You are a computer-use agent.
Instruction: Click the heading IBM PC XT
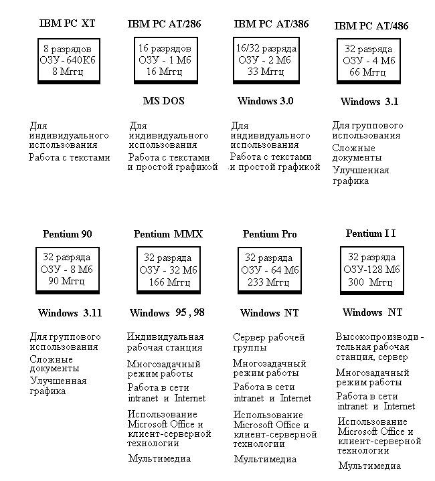coord(68,23)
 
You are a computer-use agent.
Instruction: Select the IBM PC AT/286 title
coord(164,24)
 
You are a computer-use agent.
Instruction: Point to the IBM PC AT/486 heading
coord(371,26)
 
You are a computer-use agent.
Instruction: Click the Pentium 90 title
coord(67,234)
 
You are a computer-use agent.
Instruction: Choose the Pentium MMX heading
coord(168,234)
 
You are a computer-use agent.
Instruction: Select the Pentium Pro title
coord(270,234)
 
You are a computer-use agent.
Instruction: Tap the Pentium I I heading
coord(371,233)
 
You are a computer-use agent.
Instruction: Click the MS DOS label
coord(164,101)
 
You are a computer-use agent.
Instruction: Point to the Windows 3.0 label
coord(265,101)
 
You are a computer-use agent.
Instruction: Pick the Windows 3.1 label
coord(369,102)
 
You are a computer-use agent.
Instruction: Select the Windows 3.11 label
coord(70,312)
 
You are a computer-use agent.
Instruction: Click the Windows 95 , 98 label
coord(167,312)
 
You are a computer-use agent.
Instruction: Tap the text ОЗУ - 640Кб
coord(68,59)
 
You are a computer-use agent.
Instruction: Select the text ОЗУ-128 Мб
coord(371,269)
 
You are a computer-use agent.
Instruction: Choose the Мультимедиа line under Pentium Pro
coord(266,459)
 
